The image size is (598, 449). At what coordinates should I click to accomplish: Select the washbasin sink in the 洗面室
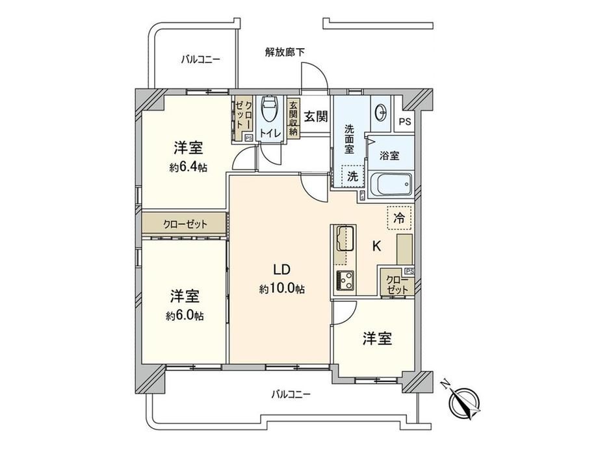pyautogui.click(x=381, y=111)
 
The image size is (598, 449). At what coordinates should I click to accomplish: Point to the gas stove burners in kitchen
pyautogui.click(x=343, y=280)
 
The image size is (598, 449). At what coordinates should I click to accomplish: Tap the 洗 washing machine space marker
pyautogui.click(x=352, y=176)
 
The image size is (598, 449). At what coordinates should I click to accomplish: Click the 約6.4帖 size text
pyautogui.click(x=188, y=167)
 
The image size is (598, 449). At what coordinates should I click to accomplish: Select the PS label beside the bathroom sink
pyautogui.click(x=405, y=122)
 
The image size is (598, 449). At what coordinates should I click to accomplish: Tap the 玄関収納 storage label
pyautogui.click(x=293, y=117)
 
